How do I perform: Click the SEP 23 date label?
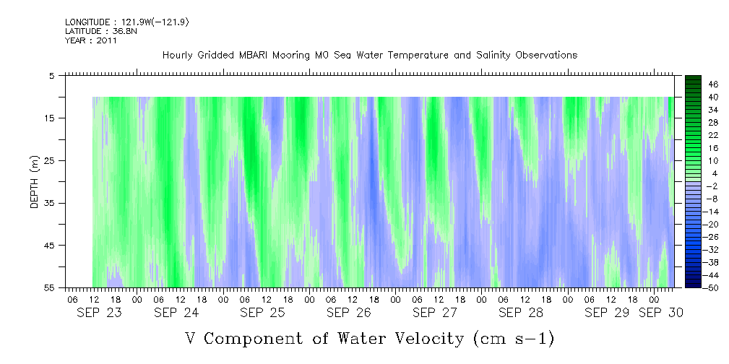(98, 313)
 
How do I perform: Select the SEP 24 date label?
(176, 313)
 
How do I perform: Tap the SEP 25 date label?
(262, 313)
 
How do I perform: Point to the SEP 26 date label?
(348, 313)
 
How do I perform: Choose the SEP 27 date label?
(434, 313)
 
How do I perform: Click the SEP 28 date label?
(520, 313)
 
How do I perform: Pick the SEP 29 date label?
(606, 313)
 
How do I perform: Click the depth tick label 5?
(52, 75)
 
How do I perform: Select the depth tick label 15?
(50, 118)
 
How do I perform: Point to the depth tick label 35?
(50, 203)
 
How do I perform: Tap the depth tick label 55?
(50, 288)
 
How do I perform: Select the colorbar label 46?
(713, 84)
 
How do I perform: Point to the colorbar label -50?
(712, 287)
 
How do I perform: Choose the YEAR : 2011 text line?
(91, 40)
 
